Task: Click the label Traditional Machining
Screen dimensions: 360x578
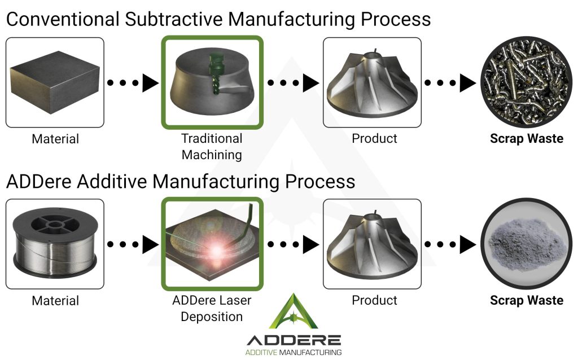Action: (x=212, y=146)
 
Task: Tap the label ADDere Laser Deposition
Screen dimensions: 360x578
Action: (x=212, y=308)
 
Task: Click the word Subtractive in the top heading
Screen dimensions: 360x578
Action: (x=170, y=19)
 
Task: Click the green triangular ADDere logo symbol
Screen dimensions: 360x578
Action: (x=294, y=312)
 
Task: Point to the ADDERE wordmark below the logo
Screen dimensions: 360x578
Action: (x=294, y=340)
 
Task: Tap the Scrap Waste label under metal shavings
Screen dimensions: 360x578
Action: (x=526, y=138)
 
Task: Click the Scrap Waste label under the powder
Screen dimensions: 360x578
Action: (x=526, y=300)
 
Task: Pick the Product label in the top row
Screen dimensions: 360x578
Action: (x=374, y=138)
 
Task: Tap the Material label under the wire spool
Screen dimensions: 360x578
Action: (x=55, y=300)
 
